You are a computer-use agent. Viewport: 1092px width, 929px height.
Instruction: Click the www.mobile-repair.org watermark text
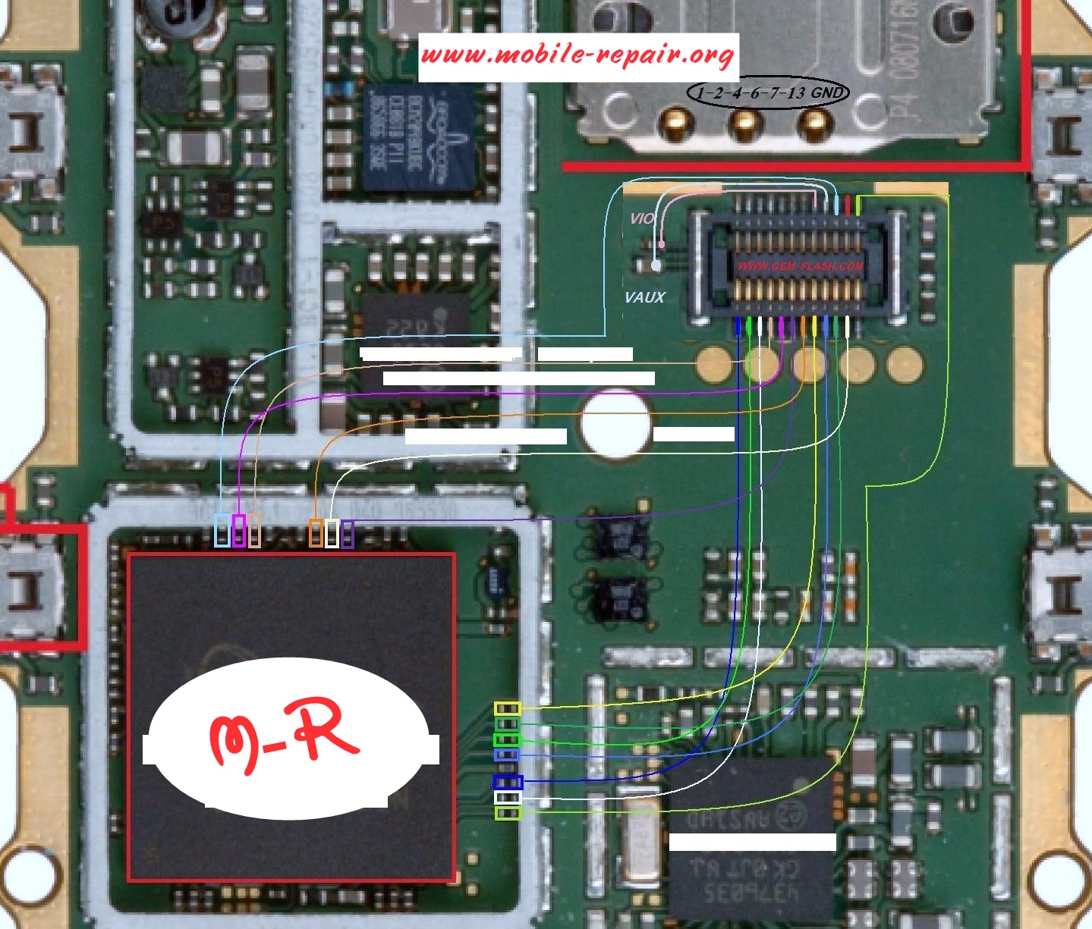coord(577,55)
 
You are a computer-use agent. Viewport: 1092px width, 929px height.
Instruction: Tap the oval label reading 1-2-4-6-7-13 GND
coord(768,93)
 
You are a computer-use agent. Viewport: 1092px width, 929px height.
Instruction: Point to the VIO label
coord(642,218)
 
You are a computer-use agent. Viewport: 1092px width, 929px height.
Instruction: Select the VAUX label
coord(644,297)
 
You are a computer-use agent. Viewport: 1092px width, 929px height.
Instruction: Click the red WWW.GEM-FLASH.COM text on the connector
coord(800,266)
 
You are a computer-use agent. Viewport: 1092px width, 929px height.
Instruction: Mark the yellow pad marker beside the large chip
coord(507,709)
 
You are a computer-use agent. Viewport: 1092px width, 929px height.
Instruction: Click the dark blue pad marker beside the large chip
coord(507,782)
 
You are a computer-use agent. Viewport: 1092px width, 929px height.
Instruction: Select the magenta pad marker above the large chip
coord(239,530)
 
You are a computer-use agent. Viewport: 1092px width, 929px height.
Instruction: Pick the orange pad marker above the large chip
coord(316,532)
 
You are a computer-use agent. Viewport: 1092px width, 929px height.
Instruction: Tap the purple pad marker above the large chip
coord(348,533)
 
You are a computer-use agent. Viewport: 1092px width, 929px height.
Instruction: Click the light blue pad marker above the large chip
coord(222,530)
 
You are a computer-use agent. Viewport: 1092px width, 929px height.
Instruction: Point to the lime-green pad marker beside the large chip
coord(507,814)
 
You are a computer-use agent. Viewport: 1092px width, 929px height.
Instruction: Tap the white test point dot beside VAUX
coord(656,265)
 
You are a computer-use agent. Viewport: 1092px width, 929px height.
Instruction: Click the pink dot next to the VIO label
coord(662,244)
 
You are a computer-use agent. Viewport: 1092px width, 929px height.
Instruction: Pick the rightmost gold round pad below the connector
coord(904,364)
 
